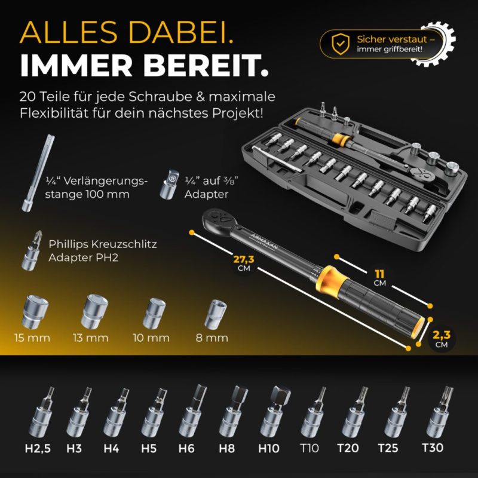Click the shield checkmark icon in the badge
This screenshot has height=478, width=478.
coord(341,44)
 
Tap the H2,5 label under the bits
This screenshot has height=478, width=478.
coord(38,448)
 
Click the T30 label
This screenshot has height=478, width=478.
coord(433,448)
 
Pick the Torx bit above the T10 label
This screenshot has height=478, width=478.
coord(313,412)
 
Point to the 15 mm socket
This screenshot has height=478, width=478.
coord(35,311)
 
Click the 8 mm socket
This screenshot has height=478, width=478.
coord(215,313)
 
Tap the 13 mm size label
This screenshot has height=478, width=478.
coord(91,338)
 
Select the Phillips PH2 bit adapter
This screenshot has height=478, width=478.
coord(32,250)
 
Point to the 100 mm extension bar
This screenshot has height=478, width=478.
coord(38,173)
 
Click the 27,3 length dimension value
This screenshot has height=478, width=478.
coord(244,259)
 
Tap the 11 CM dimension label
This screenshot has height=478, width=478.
coord(379,278)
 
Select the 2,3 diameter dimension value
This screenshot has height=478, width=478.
coord(442,335)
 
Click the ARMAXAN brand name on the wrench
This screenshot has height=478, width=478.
coord(264,241)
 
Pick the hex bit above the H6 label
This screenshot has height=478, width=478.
coord(192,410)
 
